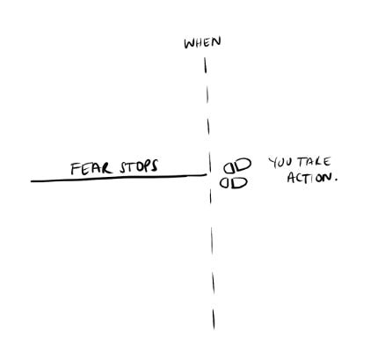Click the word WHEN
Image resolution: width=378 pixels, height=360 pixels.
point(202,42)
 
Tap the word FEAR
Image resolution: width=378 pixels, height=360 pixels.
point(91,168)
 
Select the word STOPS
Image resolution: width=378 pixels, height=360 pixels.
point(139,166)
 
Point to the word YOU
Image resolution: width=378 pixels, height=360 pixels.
point(280,163)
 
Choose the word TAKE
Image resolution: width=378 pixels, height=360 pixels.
point(314,162)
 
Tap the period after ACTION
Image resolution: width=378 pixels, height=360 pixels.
point(336,180)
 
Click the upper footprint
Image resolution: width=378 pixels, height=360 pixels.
point(237,165)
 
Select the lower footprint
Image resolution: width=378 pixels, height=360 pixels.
point(234,183)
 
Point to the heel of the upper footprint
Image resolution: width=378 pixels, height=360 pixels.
point(229,168)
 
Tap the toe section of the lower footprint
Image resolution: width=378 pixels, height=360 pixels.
point(240,183)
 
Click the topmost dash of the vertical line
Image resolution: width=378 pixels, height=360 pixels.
point(206,65)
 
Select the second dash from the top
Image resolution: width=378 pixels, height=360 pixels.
point(207,94)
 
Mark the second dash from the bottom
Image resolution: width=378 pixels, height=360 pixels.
point(213,283)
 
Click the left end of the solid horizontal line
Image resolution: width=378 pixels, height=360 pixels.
point(32,181)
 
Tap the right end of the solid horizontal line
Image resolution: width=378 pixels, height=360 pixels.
point(207,175)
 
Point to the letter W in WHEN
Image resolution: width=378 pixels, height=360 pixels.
point(189,44)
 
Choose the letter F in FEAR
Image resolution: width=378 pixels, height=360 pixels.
point(76,169)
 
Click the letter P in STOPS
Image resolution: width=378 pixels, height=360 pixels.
point(148,165)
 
